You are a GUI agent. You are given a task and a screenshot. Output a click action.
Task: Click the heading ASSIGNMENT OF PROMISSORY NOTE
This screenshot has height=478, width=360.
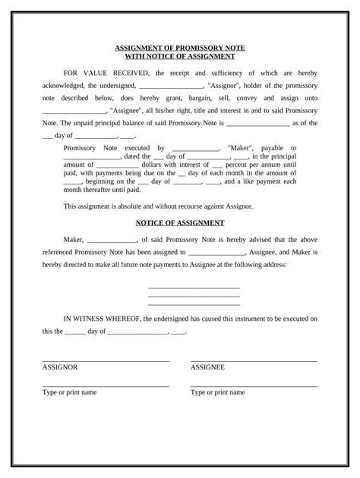tap(180, 46)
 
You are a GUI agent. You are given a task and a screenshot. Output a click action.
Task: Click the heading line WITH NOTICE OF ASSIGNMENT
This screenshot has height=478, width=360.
tap(180, 55)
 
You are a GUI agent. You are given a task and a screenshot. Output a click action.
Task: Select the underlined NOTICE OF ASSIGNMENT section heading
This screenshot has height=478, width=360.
tap(179, 222)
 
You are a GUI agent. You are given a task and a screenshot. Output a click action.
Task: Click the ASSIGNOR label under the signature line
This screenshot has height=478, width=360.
tap(60, 367)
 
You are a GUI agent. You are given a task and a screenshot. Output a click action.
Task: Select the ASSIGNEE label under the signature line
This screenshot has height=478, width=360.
tap(207, 367)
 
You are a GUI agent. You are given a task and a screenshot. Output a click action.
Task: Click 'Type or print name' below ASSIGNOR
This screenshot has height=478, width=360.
tap(69, 392)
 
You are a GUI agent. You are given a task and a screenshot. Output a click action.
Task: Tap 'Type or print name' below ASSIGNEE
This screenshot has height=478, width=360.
tap(217, 392)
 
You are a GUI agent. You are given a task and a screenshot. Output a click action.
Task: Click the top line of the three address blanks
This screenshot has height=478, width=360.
tap(194, 288)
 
